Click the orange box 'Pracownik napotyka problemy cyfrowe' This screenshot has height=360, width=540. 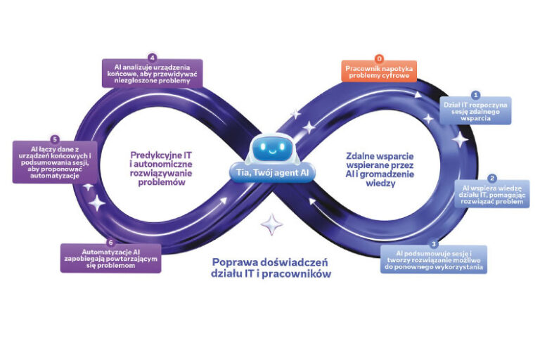[x=379, y=71]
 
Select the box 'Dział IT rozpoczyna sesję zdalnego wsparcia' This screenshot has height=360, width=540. [x=475, y=110]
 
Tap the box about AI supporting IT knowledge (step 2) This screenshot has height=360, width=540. [x=491, y=194]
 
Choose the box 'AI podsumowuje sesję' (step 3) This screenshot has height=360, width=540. [x=434, y=259]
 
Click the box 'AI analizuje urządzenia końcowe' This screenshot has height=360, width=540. [x=152, y=73]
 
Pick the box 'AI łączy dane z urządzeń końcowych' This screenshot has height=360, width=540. [x=55, y=162]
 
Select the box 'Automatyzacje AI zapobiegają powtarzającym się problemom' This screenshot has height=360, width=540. [x=110, y=258]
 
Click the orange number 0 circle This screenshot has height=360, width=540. [x=379, y=58]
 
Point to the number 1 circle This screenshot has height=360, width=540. [x=475, y=95]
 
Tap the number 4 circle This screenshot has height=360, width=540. [x=152, y=57]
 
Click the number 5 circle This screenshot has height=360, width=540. [x=55, y=139]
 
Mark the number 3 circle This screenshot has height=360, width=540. [x=434, y=244]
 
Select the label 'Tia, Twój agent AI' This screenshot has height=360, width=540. [x=272, y=173]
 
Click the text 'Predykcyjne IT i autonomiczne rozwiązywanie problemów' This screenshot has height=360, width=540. [x=161, y=169]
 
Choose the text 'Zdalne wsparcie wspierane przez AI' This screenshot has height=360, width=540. [x=380, y=165]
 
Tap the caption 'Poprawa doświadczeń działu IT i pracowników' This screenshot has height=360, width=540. [x=271, y=268]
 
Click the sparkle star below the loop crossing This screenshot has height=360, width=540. [x=271, y=224]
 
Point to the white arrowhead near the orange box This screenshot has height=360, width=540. [x=418, y=94]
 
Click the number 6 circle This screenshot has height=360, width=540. [x=110, y=243]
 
